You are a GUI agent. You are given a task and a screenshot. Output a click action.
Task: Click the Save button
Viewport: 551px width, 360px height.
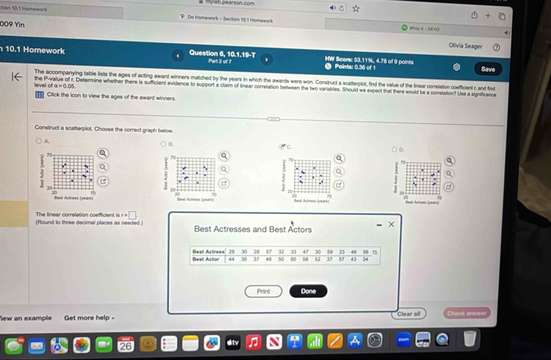click(488, 69)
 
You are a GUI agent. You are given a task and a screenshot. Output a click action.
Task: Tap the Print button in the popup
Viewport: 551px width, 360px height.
click(263, 291)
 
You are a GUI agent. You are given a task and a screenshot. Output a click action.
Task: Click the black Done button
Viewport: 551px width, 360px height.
click(308, 291)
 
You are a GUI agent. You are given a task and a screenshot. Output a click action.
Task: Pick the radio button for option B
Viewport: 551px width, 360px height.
click(163, 144)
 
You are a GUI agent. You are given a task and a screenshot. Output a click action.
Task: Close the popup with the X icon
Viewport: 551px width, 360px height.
click(391, 224)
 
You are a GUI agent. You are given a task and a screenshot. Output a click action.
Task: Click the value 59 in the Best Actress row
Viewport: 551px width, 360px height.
click(329, 252)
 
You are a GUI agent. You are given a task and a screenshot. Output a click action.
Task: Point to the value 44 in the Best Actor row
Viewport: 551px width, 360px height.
click(231, 259)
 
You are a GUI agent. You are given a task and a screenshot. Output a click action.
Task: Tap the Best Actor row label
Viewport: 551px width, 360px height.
click(206, 259)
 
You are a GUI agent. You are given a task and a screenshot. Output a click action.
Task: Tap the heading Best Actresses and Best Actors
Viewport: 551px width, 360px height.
click(253, 229)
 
